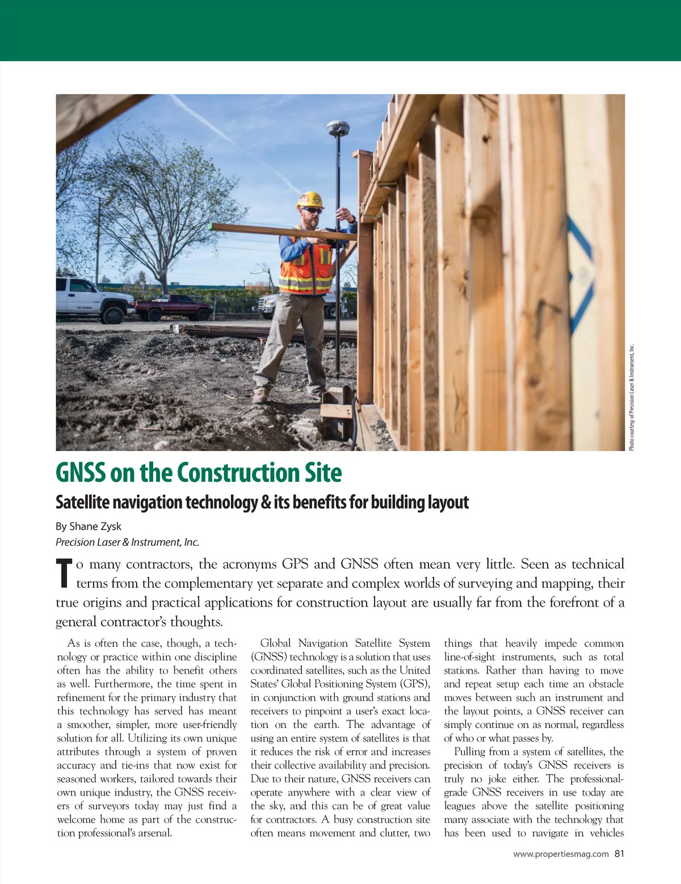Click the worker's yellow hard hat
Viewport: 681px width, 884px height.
coord(309,199)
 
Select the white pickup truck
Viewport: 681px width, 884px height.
coord(91,297)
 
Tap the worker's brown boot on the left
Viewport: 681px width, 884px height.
coord(261,395)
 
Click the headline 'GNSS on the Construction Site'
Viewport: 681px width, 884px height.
coord(199,473)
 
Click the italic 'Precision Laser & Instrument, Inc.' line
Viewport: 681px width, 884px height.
coord(127,542)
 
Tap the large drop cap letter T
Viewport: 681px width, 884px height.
coord(64,573)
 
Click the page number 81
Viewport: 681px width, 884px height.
coord(619,853)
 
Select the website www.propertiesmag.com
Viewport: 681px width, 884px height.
coord(561,854)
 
